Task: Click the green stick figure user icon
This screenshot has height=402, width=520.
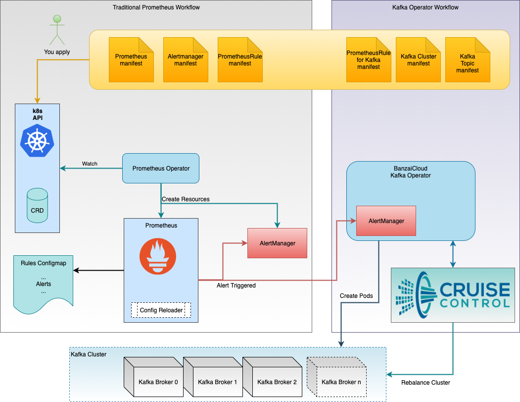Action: (57, 31)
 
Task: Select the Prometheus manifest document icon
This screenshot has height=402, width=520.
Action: (131, 60)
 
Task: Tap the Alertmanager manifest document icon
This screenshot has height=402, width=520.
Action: (186, 60)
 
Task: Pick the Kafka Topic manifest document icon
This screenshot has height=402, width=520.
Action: (468, 60)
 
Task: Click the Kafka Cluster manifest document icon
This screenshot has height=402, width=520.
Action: (418, 60)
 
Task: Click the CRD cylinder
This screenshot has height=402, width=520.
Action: (37, 205)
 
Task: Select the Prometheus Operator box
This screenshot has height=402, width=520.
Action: (161, 169)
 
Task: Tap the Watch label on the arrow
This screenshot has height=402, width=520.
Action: (90, 164)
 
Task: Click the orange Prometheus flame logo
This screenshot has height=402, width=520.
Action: (157, 256)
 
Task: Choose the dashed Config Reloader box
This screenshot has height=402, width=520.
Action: (161, 310)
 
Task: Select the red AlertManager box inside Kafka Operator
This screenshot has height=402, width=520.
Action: (386, 221)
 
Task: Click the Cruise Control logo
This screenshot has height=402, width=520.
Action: (453, 295)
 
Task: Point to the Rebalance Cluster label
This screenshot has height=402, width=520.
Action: (425, 382)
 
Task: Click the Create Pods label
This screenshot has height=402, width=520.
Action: (356, 296)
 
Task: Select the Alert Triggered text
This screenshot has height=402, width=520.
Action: (236, 286)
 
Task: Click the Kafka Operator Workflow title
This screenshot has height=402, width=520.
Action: (425, 7)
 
